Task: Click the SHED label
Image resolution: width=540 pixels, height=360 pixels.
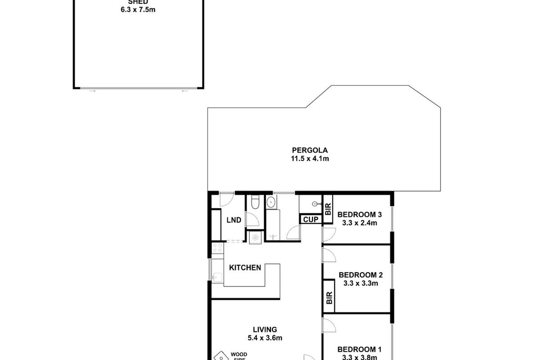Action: [138, 1]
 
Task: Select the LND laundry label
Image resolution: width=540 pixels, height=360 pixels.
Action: [234, 220]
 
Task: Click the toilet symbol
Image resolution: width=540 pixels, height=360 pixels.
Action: [255, 203]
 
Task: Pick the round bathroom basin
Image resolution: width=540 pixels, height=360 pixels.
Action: [271, 203]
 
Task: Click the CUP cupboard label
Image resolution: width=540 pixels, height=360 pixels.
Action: [310, 220]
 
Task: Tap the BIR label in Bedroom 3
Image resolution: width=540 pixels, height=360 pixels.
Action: [328, 208]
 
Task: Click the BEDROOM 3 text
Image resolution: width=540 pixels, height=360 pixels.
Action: [360, 214]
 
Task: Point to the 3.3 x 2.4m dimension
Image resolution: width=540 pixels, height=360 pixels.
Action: [360, 222]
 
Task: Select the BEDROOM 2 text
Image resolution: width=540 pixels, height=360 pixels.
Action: [360, 275]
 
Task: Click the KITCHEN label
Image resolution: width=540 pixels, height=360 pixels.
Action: [245, 268]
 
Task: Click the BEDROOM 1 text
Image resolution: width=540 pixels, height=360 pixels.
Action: [360, 349]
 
